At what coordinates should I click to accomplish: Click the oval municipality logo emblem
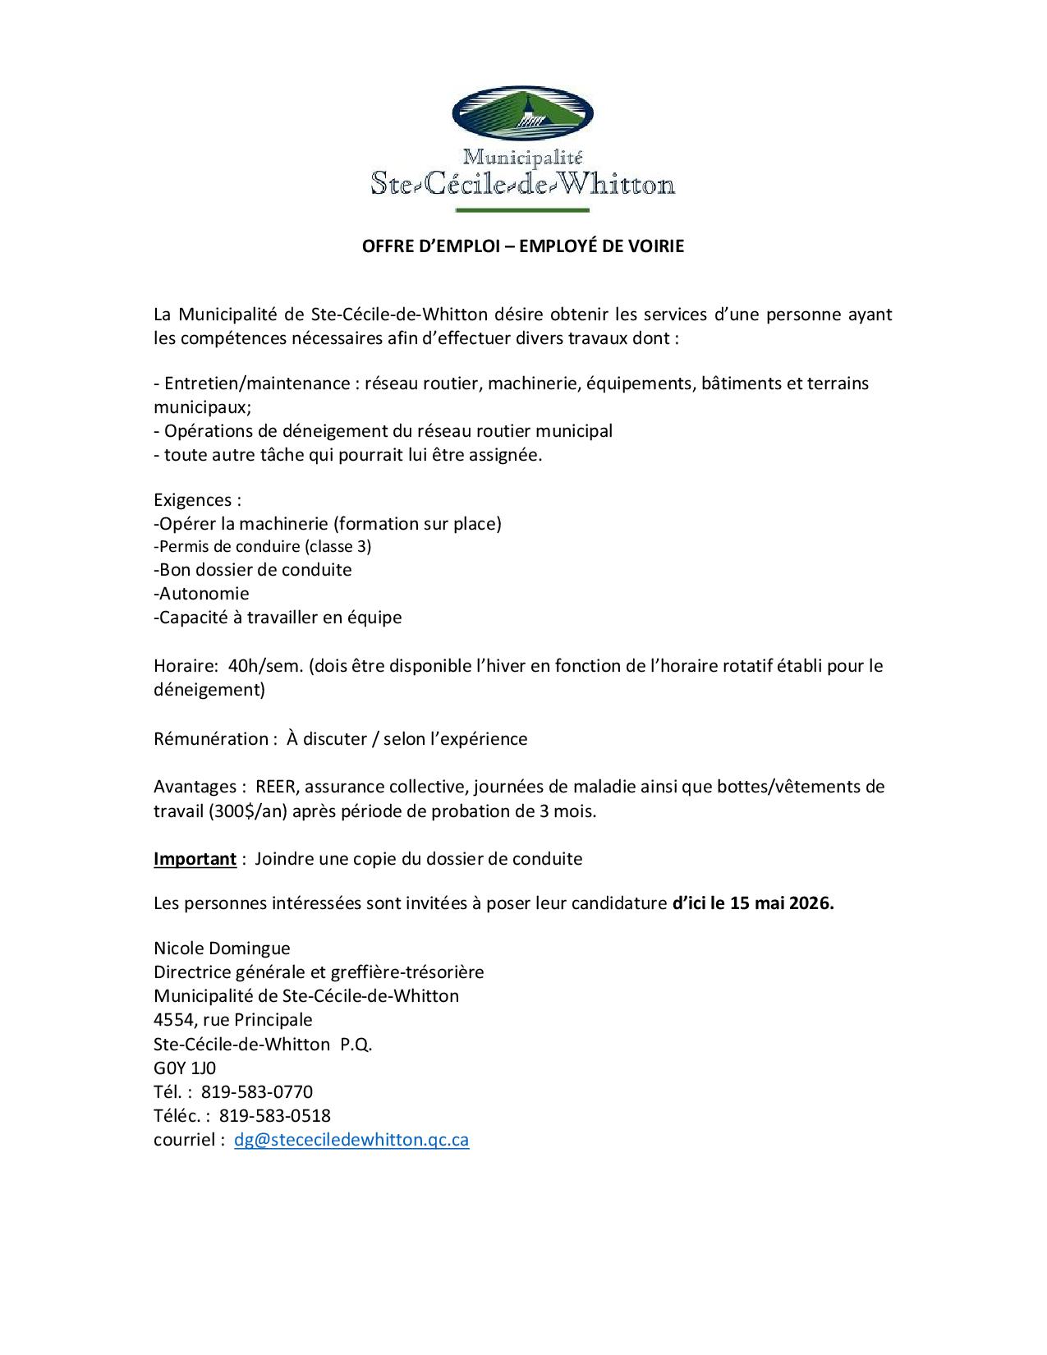(x=523, y=113)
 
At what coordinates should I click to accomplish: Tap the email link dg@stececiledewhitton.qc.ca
(x=351, y=1140)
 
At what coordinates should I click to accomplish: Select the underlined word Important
(x=195, y=859)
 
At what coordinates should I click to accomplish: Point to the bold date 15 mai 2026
(x=781, y=903)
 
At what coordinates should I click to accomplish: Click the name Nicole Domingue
(x=222, y=948)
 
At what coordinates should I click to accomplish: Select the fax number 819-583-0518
(x=275, y=1116)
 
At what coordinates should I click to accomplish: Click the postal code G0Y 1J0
(x=185, y=1068)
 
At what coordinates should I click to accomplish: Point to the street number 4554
(x=174, y=1020)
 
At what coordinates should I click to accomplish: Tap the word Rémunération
(x=210, y=739)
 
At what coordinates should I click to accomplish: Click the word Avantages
(x=195, y=787)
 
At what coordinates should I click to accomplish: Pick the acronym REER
(x=277, y=787)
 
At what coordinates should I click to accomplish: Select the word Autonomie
(x=204, y=594)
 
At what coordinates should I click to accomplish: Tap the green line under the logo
(x=522, y=211)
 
